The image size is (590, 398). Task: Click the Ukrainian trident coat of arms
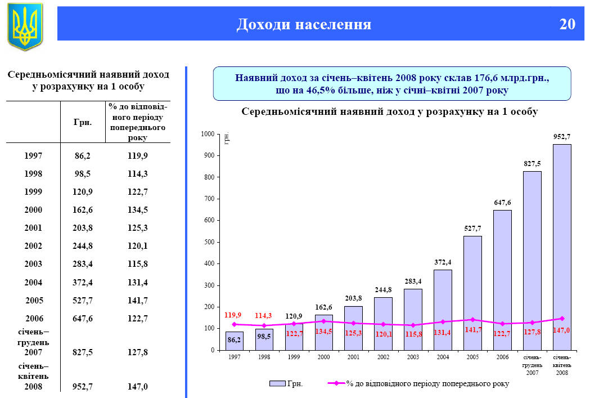click(25, 25)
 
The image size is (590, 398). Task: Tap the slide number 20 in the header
click(567, 24)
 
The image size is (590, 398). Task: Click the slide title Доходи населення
click(304, 24)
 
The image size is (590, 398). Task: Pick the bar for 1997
click(234, 341)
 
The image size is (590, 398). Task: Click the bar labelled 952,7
click(562, 248)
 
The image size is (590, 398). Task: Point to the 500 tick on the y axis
click(209, 242)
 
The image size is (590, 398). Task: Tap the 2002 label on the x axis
click(383, 357)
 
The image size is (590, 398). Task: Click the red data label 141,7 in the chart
click(473, 330)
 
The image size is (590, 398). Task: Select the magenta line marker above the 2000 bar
click(323, 321)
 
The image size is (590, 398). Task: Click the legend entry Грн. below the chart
click(286, 383)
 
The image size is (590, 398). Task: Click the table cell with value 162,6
click(83, 210)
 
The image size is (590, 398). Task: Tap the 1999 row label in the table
click(33, 192)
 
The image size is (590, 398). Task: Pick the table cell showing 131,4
click(137, 282)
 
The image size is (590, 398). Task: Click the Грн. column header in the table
click(83, 122)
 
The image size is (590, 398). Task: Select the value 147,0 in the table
click(137, 387)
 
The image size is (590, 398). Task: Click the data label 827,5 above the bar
click(532, 163)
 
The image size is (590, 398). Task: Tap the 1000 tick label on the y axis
click(208, 134)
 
